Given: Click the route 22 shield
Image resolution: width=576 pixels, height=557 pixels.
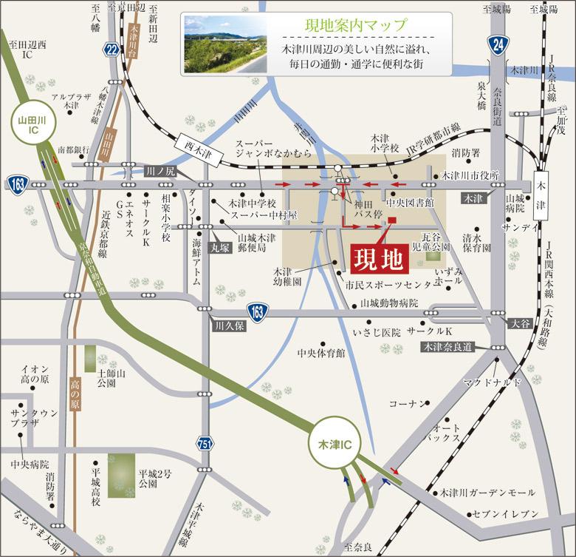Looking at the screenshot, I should pos(112,49).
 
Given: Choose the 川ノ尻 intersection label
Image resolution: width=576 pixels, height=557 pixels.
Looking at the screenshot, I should pos(160,170).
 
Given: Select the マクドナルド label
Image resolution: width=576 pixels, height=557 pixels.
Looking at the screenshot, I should pos(493,382).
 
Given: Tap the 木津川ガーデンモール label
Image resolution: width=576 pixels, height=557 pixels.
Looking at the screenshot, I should pos(487,493).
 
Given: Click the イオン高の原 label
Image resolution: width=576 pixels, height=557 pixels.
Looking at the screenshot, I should pos(35,374).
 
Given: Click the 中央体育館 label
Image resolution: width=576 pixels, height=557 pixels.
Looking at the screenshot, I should pos(320,354).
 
